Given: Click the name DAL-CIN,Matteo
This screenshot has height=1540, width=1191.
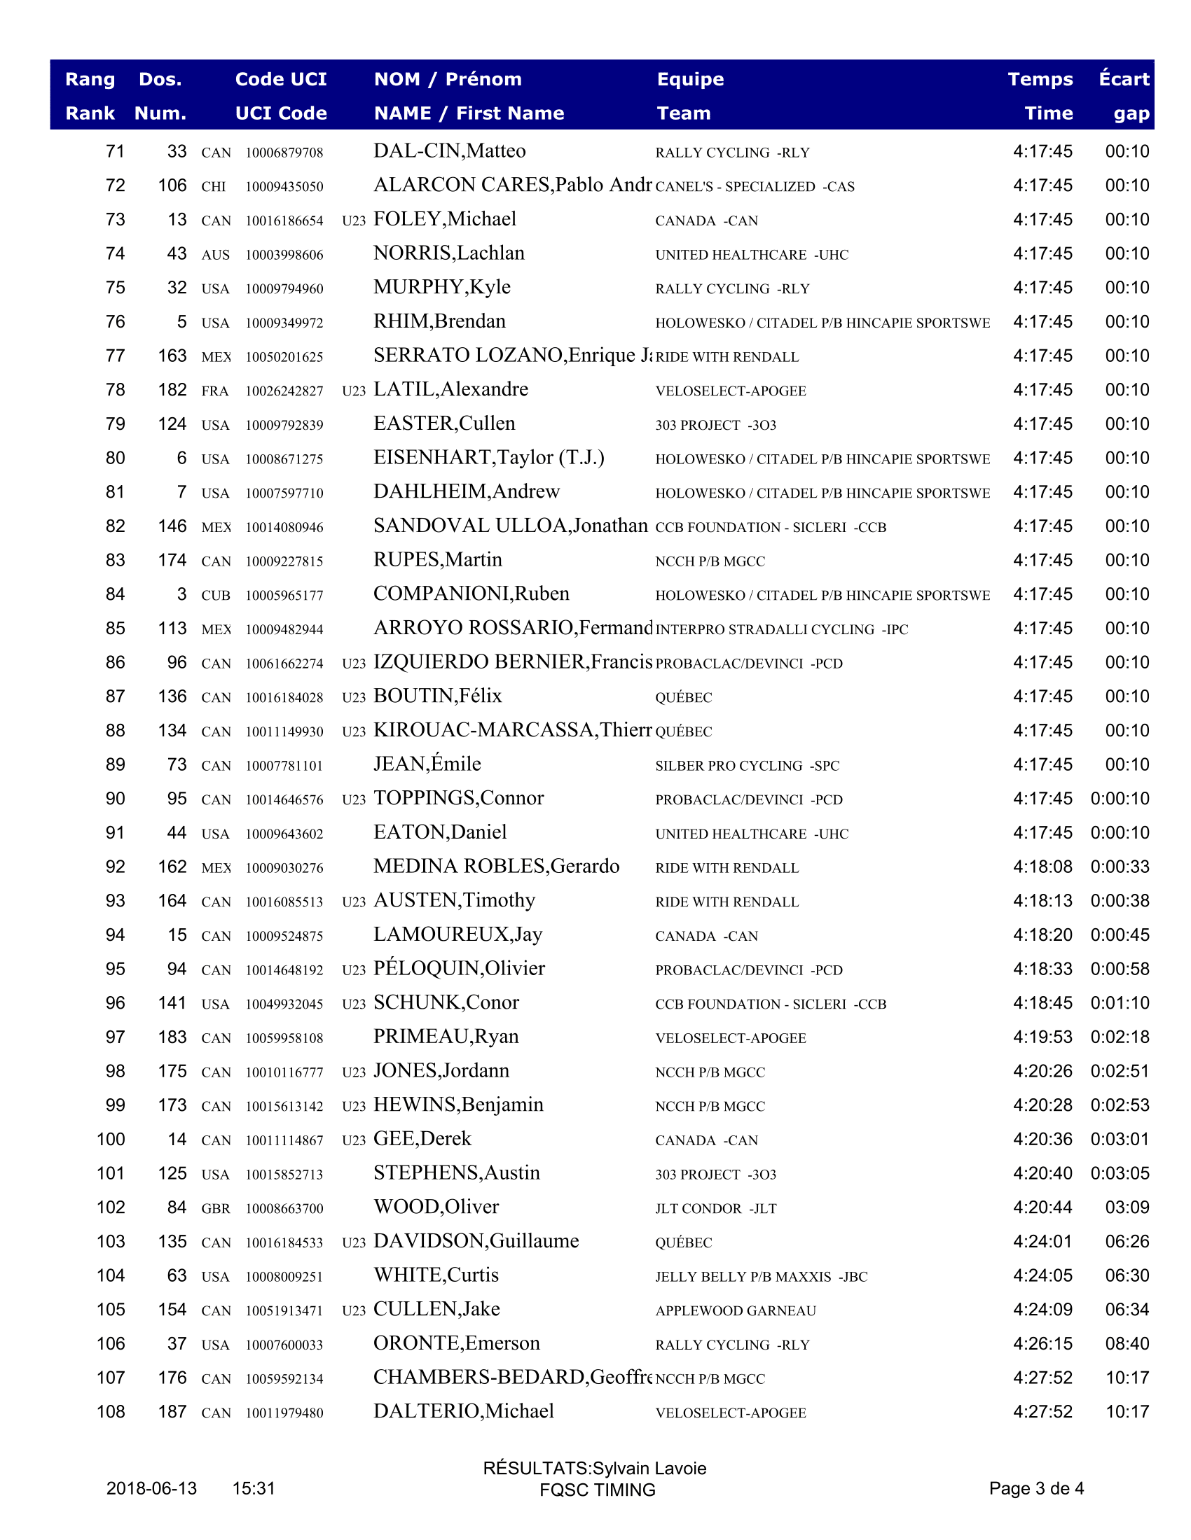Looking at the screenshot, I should tap(450, 151).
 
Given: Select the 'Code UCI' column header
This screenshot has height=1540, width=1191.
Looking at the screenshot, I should tap(281, 79).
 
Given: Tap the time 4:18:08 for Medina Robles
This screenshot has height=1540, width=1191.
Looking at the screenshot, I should tap(1042, 867).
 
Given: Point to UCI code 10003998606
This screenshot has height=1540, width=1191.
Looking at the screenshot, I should tap(284, 255).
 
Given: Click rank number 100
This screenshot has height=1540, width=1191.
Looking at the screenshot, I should tap(111, 1139).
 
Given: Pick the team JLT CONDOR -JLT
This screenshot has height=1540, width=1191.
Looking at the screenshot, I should tap(715, 1208).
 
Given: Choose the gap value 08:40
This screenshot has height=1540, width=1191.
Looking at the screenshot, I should tap(1127, 1343).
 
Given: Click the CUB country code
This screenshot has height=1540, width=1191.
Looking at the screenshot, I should tap(216, 595).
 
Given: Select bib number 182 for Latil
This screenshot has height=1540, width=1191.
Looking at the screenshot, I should tap(172, 390).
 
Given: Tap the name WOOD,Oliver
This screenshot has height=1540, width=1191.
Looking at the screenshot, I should tap(436, 1207).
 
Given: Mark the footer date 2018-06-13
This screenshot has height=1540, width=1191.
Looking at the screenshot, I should tap(152, 1487).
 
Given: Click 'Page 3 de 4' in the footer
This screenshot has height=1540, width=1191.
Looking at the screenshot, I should tap(1035, 1487).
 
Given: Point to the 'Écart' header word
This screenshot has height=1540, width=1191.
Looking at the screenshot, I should tap(1124, 79).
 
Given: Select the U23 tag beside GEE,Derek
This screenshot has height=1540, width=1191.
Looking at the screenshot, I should tap(354, 1140).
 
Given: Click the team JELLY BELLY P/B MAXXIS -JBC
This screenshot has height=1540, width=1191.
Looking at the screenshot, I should tap(762, 1276).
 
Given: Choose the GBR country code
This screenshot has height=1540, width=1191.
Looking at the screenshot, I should tap(216, 1208).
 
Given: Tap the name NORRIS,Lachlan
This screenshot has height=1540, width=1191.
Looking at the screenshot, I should tap(449, 253).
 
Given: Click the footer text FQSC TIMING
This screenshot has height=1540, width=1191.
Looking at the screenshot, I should tap(597, 1489).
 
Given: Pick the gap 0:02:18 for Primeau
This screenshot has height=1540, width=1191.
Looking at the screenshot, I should tap(1120, 1037).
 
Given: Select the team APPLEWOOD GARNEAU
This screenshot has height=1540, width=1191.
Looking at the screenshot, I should tap(735, 1310).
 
